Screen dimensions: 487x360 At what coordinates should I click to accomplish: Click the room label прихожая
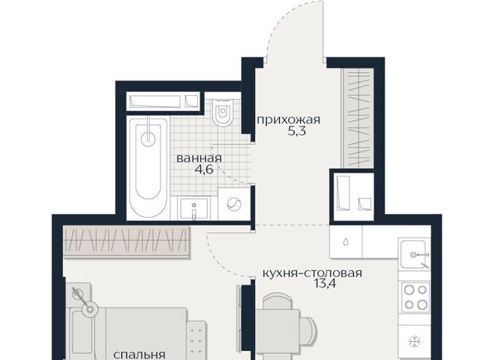[288, 119]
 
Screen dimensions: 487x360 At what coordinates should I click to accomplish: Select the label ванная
[199, 158]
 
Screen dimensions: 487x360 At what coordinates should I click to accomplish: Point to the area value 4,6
[204, 170]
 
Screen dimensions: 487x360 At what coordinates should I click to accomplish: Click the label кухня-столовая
[313, 273]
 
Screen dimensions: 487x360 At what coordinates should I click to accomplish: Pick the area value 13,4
[325, 284]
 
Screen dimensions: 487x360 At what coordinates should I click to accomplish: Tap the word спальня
[139, 355]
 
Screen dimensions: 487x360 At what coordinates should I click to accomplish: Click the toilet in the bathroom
[223, 113]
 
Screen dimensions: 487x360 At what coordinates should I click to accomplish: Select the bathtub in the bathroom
[148, 167]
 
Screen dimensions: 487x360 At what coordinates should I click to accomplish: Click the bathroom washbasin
[194, 209]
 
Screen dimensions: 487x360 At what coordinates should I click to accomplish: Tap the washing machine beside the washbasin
[234, 204]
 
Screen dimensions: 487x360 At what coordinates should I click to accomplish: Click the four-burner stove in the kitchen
[415, 298]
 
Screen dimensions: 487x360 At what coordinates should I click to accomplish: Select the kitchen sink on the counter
[414, 254]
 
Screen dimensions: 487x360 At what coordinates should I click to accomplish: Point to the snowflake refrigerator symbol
[414, 342]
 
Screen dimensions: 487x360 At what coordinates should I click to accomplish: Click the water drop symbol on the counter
[345, 242]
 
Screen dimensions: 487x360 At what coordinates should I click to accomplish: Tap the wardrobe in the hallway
[357, 118]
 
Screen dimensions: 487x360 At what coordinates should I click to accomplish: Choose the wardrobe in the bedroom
[126, 241]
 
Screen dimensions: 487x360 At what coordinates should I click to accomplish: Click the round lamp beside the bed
[90, 309]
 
